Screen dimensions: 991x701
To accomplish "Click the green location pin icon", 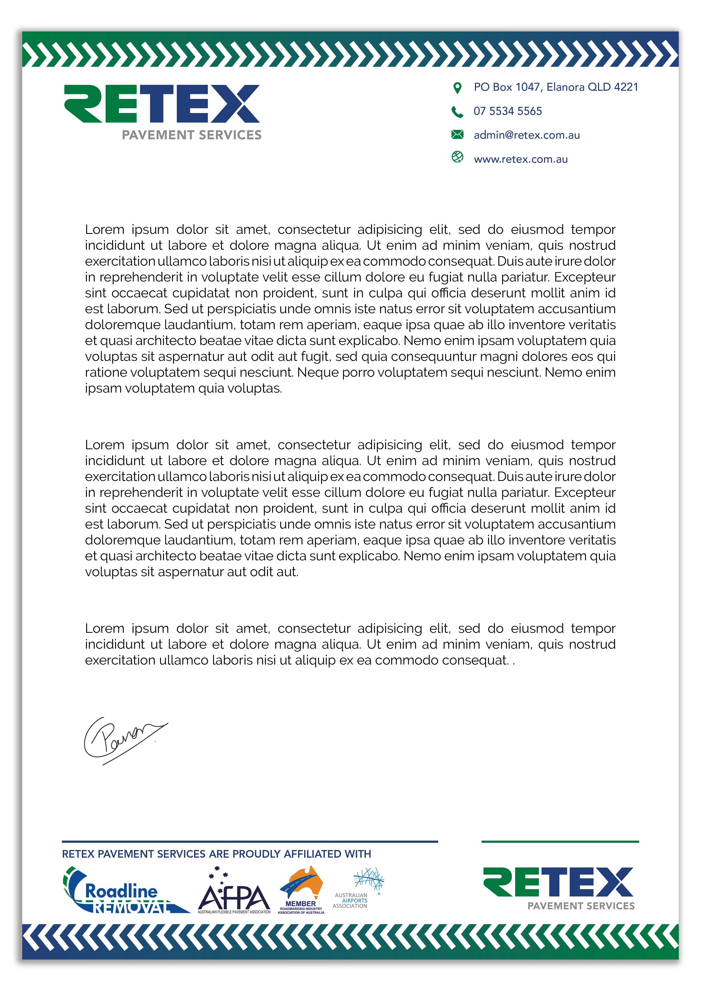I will click(x=457, y=88).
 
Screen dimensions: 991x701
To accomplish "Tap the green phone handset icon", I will click(x=457, y=112).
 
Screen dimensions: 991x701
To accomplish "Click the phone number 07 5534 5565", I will click(x=507, y=111).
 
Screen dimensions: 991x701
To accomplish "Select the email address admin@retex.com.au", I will click(x=527, y=135).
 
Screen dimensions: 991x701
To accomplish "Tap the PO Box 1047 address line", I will click(x=555, y=87).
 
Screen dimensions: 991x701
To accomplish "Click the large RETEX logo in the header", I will click(x=162, y=104).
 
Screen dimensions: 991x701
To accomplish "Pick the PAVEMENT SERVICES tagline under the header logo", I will click(x=191, y=135).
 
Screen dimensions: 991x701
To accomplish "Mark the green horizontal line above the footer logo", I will click(x=560, y=842).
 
